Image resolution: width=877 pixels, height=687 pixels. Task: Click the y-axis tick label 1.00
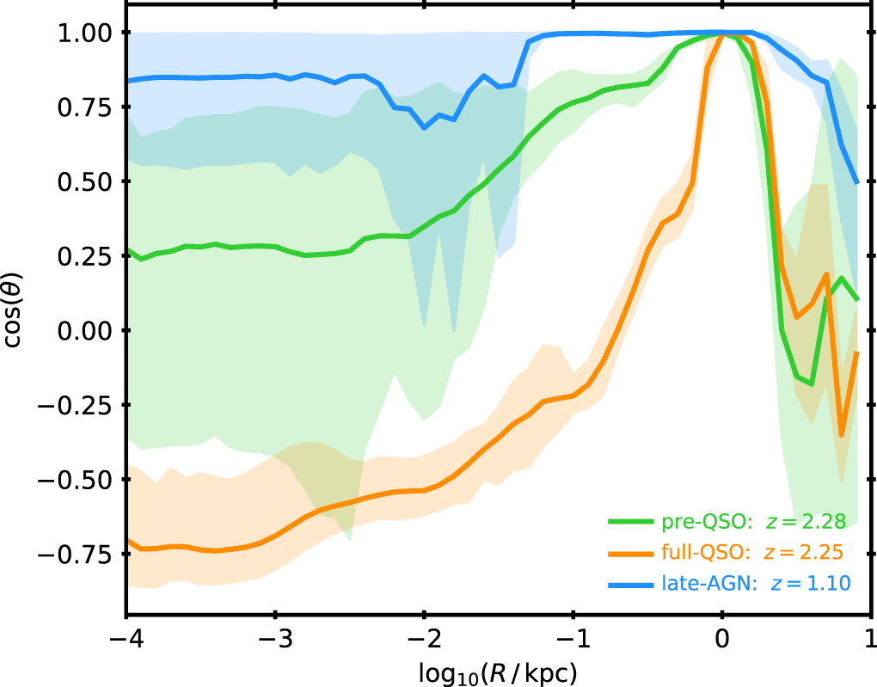[85, 33]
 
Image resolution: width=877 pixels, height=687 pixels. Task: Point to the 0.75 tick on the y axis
[85, 107]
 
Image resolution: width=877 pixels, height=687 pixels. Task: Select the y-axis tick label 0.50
[85, 181]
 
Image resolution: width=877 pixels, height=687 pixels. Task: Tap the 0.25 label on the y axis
[85, 255]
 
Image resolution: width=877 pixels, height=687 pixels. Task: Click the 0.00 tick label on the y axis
[85, 330]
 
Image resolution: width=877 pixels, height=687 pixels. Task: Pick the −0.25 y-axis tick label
[75, 404]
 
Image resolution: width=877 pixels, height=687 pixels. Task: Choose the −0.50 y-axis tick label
[75, 480]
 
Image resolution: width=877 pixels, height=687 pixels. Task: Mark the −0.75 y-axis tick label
[75, 554]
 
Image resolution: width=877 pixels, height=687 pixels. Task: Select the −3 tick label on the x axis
[274, 638]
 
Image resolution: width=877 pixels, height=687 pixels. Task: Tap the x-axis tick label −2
[423, 638]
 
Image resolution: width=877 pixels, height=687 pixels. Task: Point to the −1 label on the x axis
[572, 638]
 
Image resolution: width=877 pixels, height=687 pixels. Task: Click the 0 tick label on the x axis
[722, 638]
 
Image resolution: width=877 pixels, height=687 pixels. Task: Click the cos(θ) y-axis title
[12, 310]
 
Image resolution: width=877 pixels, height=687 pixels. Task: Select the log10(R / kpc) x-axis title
[498, 673]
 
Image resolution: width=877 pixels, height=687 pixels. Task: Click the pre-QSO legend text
[706, 522]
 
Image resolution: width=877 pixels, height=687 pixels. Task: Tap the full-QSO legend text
[706, 553]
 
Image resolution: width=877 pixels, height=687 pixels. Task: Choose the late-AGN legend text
[709, 584]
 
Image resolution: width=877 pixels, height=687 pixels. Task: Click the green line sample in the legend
[631, 522]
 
